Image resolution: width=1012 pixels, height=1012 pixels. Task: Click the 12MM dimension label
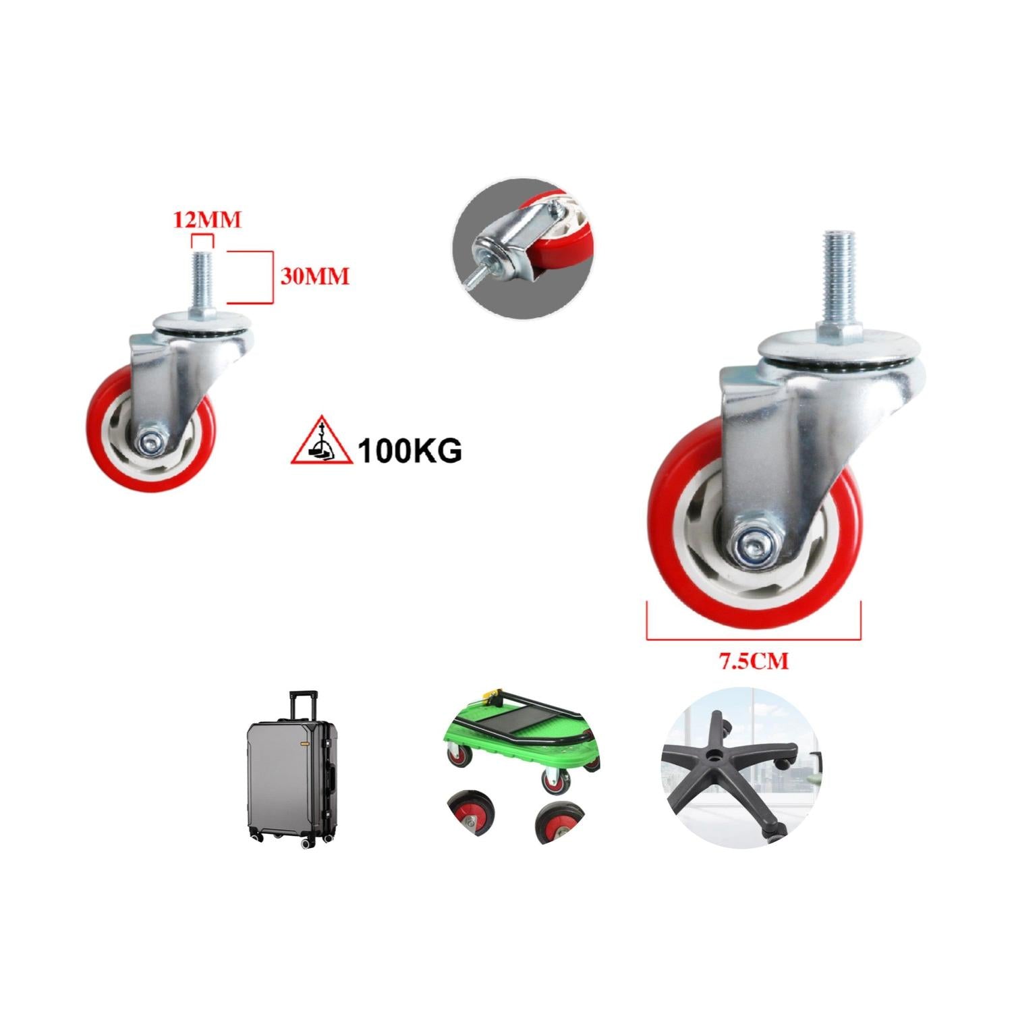[x=207, y=221]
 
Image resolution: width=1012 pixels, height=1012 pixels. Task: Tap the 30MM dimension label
[x=314, y=277]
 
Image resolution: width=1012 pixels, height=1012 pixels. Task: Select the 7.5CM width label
[x=753, y=661]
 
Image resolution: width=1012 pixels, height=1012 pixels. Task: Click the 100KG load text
[x=410, y=451]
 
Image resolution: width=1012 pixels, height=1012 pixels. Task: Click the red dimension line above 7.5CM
[x=754, y=638]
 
